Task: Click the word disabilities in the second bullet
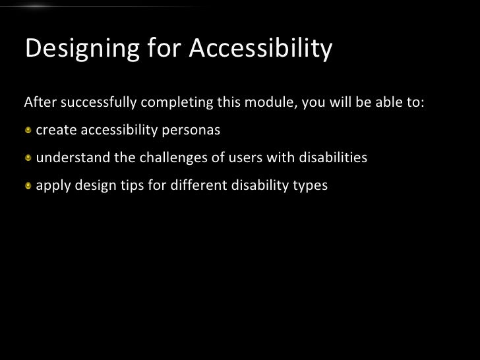pos(333,159)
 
